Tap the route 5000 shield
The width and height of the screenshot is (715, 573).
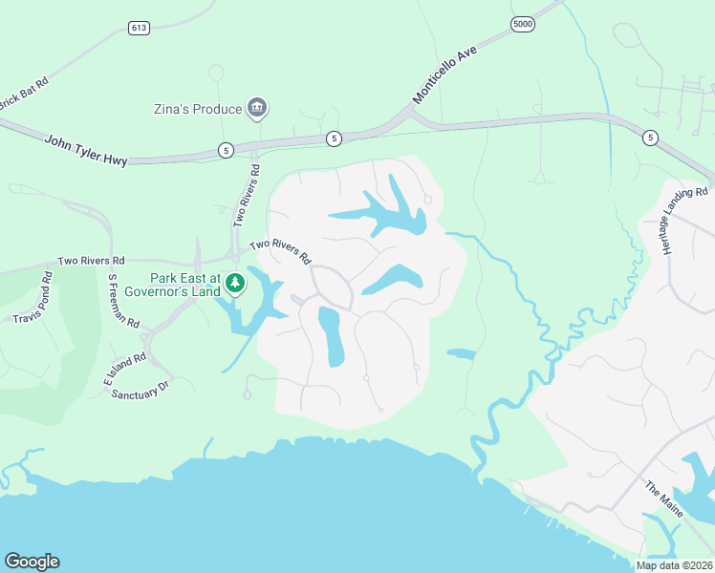pos(521,24)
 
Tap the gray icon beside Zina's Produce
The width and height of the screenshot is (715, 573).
pos(256,109)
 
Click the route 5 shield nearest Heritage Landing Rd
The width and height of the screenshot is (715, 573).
pos(650,138)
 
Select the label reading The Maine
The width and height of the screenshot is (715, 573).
pos(664,499)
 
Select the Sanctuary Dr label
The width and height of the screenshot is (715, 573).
pos(140,389)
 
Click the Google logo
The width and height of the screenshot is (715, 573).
pos(32,562)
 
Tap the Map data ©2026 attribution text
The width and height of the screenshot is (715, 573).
pos(674,565)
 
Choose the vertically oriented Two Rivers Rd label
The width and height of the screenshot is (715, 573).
pos(247,196)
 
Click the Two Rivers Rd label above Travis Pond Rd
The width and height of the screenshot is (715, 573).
pos(91,261)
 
